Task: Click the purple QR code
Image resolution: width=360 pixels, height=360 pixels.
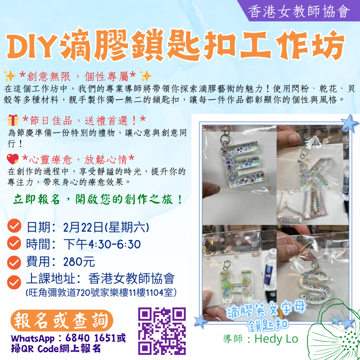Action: click(162, 331)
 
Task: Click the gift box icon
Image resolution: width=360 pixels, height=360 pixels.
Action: click(13, 120)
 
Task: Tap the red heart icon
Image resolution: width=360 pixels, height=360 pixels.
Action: click(13, 159)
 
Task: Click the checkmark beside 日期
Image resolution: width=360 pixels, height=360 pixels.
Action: click(14, 226)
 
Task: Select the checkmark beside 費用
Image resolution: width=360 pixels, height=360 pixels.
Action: click(14, 262)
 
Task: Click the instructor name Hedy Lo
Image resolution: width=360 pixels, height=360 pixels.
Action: click(276, 339)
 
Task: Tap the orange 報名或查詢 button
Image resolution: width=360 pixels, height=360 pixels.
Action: click(62, 320)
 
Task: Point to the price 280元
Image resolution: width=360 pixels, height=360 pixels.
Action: click(79, 262)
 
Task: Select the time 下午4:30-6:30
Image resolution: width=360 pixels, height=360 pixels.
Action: click(102, 244)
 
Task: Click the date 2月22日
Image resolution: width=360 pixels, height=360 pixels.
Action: click(83, 227)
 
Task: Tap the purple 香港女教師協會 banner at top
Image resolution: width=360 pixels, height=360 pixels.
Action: click(298, 11)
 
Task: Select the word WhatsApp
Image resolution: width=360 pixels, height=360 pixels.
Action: click(33, 338)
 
